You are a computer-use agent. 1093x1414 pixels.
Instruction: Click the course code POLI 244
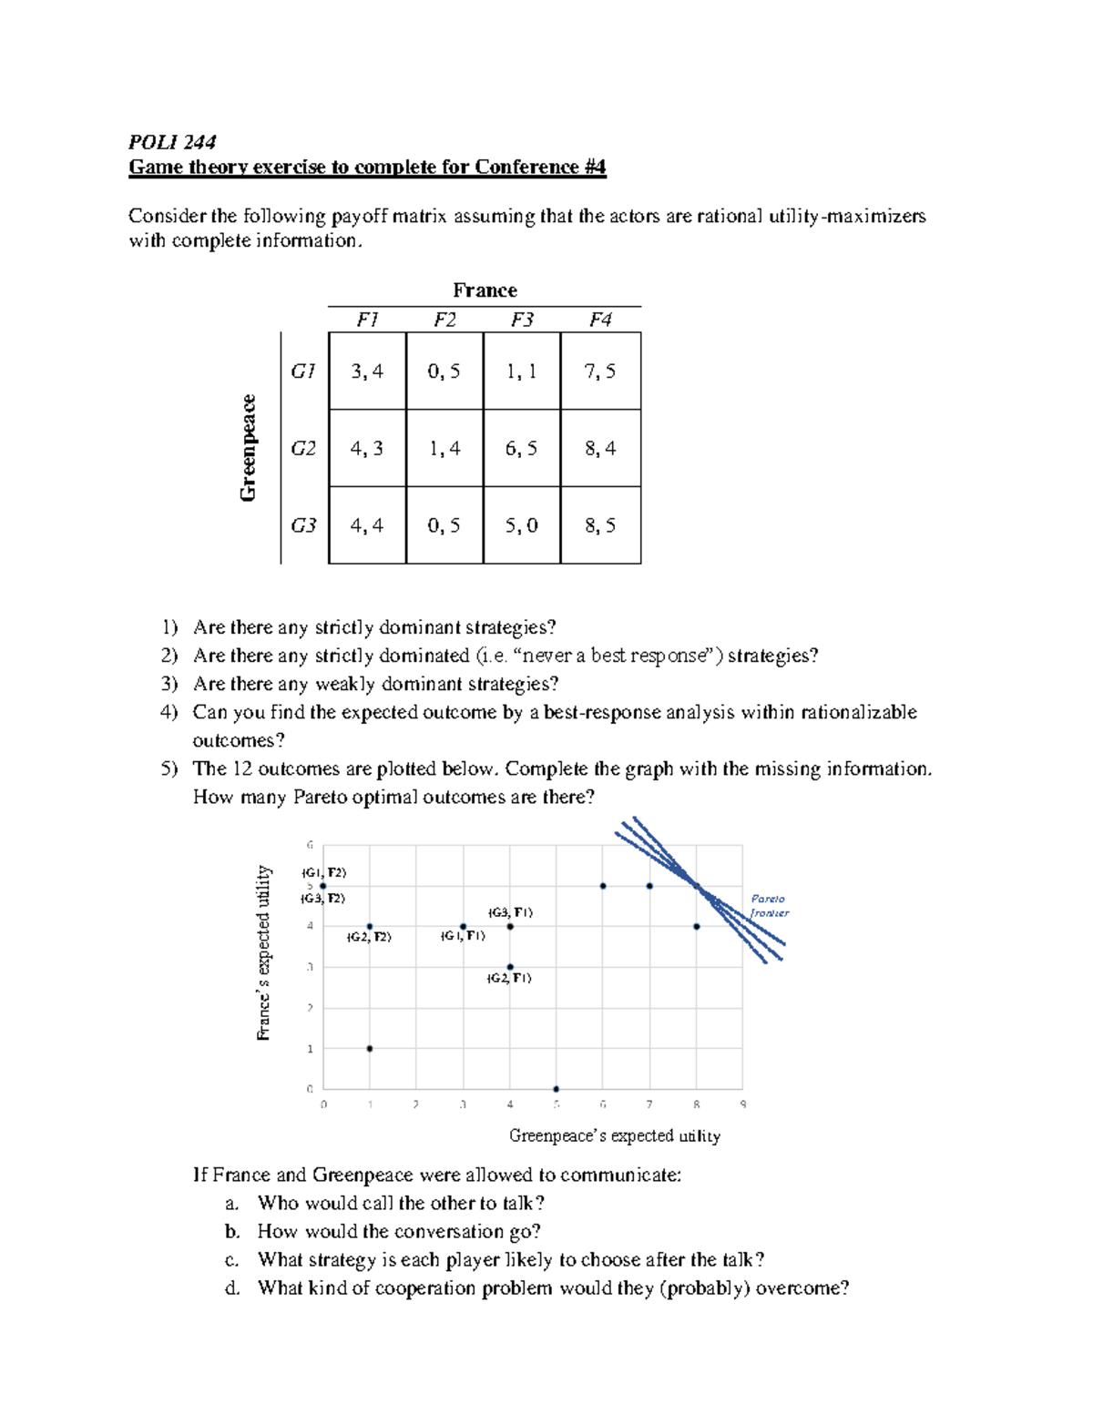[172, 141]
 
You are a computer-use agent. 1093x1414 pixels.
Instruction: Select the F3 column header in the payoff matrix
[522, 320]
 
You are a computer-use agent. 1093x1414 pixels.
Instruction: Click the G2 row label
[303, 448]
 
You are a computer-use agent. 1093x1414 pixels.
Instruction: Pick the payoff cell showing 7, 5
[600, 371]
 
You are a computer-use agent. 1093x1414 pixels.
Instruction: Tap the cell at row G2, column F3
[522, 448]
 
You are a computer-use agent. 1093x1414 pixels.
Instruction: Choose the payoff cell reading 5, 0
[522, 525]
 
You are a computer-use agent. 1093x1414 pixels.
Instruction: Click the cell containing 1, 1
[522, 371]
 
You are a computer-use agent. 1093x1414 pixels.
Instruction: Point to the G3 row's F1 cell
[367, 525]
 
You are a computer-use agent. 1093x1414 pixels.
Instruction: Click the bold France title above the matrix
[485, 290]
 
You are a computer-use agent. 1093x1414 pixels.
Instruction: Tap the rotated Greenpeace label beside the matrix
[248, 447]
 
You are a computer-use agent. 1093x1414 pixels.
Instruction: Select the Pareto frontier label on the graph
[769, 905]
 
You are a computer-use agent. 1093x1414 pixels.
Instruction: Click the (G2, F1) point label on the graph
[509, 978]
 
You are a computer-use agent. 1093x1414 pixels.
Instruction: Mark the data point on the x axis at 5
[557, 1089]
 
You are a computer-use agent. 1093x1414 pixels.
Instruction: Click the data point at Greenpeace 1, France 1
[370, 1049]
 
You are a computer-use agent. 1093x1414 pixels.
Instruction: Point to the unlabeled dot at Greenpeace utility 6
[603, 886]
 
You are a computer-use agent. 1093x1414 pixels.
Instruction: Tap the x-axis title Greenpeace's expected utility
[614, 1135]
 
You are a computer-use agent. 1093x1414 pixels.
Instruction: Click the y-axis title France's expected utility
[264, 952]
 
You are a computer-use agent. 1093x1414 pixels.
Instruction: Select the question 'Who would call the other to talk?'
[401, 1203]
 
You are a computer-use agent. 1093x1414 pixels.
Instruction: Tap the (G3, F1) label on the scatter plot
[510, 912]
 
